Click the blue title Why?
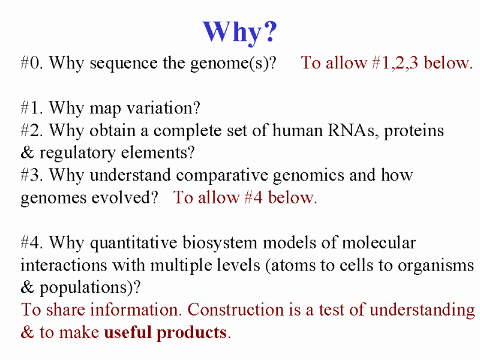tap(239, 32)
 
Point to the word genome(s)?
tap(233, 64)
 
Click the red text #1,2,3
tap(395, 63)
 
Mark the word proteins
tap(414, 131)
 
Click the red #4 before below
tap(253, 197)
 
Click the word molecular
tap(379, 243)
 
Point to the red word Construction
tap(236, 310)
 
